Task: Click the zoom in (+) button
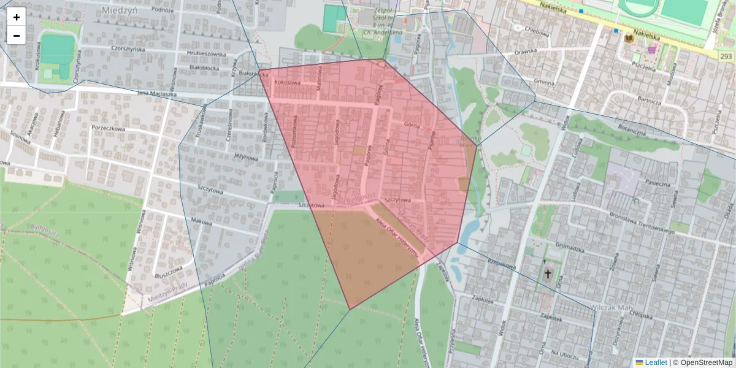coord(17,17)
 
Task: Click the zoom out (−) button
coord(17,36)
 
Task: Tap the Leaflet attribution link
coord(655,362)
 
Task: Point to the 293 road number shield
coord(726,56)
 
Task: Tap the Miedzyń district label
coord(120,10)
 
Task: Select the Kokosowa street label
coord(288,82)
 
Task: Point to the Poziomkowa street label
coord(295,130)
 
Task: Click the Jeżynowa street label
coord(246,157)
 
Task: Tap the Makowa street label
coord(201,221)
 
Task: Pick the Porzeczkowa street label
coord(108,129)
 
